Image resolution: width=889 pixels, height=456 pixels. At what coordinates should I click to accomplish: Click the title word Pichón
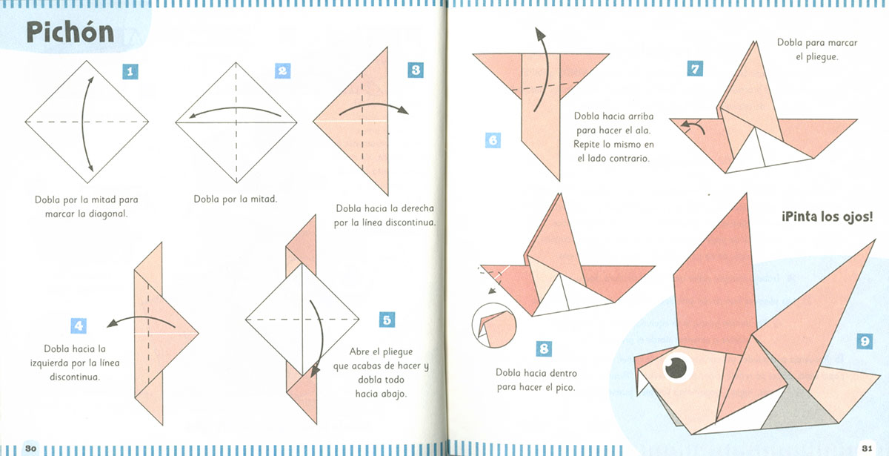(x=70, y=32)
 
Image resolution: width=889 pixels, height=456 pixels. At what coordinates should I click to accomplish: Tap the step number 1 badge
(x=130, y=72)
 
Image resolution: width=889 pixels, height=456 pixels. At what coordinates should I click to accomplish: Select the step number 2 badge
(x=282, y=70)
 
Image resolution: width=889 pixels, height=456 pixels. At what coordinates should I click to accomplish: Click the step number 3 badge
(x=416, y=70)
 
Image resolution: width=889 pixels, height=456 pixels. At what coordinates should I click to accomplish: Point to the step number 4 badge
(x=79, y=326)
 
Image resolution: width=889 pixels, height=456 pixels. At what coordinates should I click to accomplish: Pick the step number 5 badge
(x=387, y=320)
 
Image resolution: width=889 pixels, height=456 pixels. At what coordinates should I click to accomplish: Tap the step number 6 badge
(x=493, y=140)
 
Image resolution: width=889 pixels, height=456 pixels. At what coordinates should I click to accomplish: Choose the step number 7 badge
(x=695, y=68)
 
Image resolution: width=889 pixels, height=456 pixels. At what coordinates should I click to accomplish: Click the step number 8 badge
(x=544, y=348)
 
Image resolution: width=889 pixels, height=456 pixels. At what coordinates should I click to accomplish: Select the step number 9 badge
(x=865, y=341)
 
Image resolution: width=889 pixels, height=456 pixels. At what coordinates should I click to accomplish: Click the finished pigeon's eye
(x=676, y=368)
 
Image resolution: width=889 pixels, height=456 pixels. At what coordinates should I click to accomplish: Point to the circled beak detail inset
(x=494, y=326)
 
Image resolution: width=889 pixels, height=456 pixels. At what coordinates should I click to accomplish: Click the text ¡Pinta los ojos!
(x=827, y=217)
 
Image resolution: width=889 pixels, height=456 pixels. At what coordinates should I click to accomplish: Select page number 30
(x=30, y=449)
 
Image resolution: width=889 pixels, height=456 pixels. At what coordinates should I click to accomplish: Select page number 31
(x=867, y=449)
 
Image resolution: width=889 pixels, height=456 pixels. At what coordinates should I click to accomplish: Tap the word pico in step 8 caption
(x=565, y=387)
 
